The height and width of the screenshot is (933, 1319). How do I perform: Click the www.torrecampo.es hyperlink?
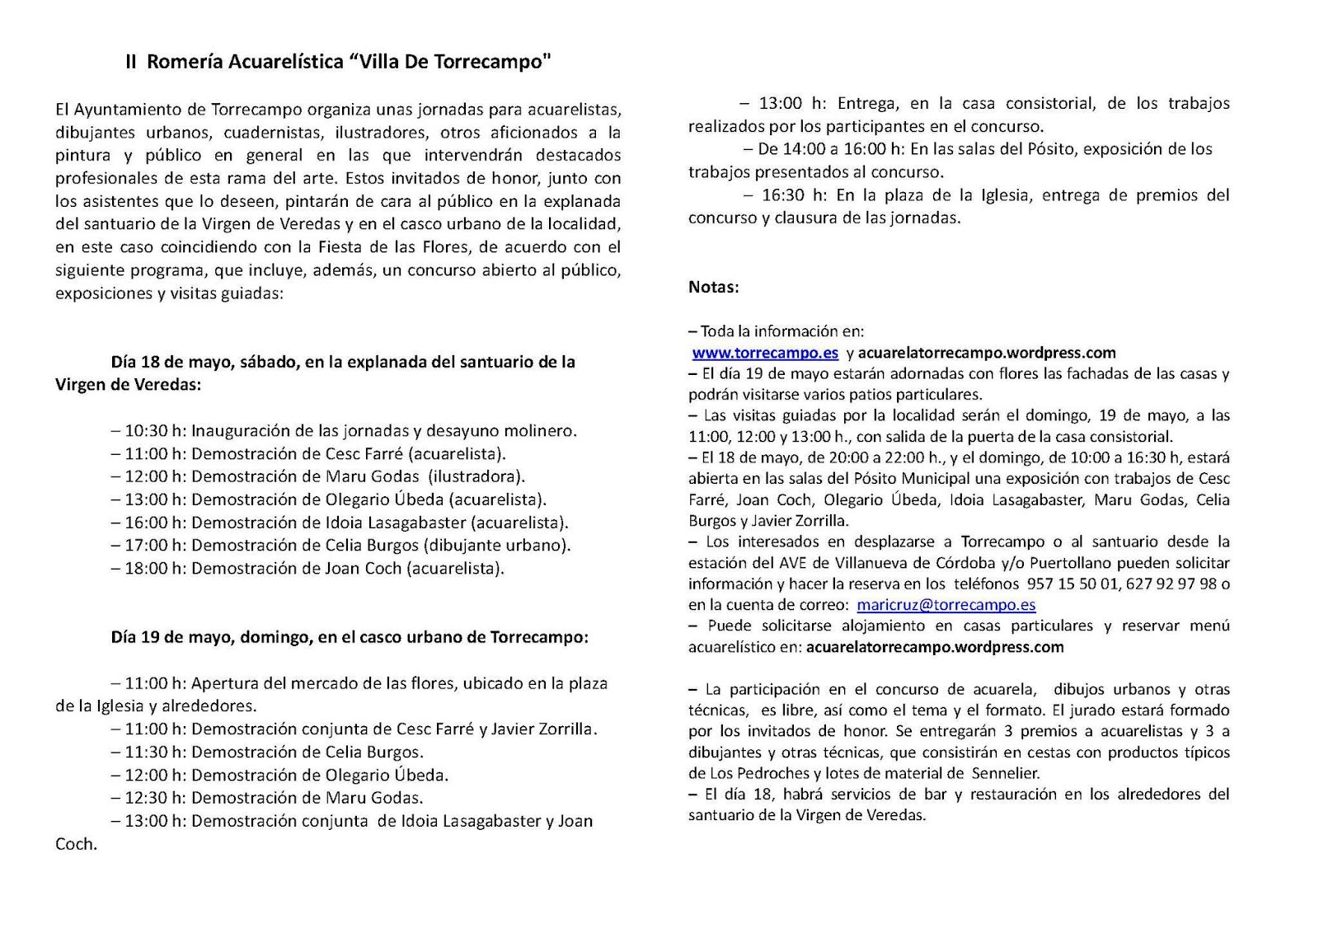(x=765, y=353)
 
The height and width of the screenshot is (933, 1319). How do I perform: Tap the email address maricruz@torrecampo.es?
(x=946, y=605)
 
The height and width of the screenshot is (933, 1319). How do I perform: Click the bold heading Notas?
(x=714, y=287)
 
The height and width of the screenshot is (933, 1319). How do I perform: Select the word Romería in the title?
(x=184, y=63)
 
